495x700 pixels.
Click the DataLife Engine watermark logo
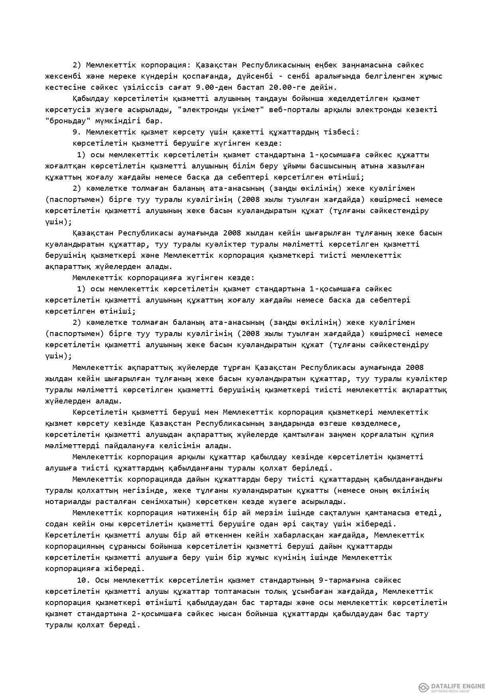pyautogui.click(x=452, y=687)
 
